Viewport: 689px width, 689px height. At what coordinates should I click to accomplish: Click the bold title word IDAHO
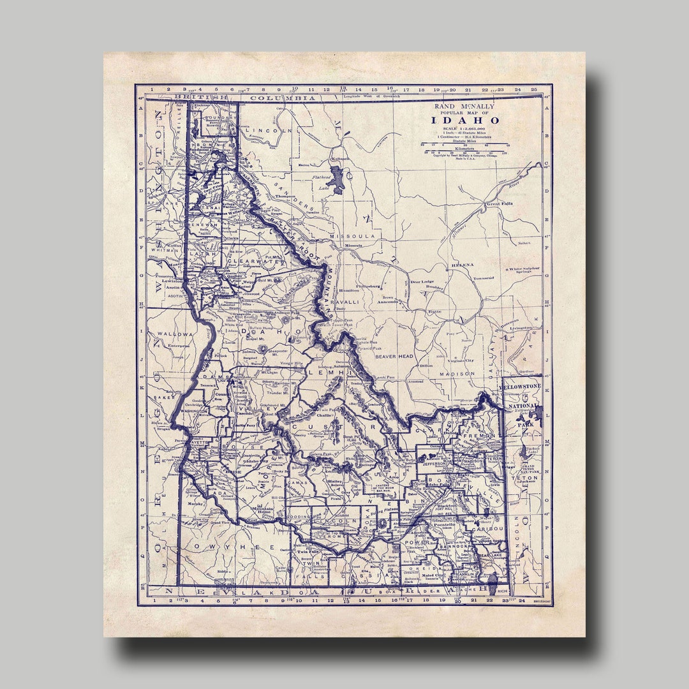(x=464, y=120)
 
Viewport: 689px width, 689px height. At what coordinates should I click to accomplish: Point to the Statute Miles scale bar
(x=464, y=145)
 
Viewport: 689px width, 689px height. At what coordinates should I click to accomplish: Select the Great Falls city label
(x=500, y=205)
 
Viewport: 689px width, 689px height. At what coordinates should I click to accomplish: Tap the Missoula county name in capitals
(x=353, y=236)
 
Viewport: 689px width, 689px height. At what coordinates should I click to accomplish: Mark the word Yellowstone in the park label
(x=520, y=387)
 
